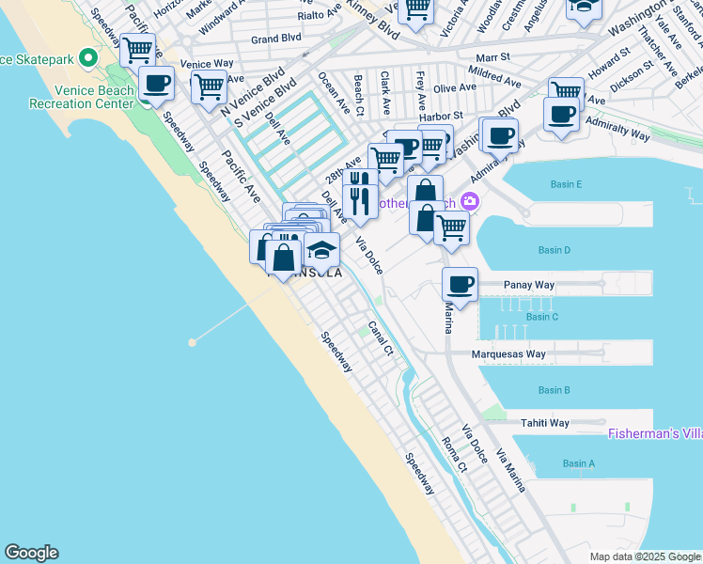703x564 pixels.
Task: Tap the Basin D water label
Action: (x=555, y=250)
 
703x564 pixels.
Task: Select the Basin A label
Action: (x=579, y=463)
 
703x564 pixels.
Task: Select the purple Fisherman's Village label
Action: (x=654, y=433)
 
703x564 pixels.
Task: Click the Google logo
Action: (x=31, y=553)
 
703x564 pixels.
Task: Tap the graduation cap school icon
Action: (x=321, y=251)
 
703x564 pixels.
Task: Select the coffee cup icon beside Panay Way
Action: (x=460, y=284)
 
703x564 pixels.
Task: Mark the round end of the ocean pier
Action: (x=192, y=342)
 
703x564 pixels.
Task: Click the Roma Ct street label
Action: (x=454, y=453)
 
